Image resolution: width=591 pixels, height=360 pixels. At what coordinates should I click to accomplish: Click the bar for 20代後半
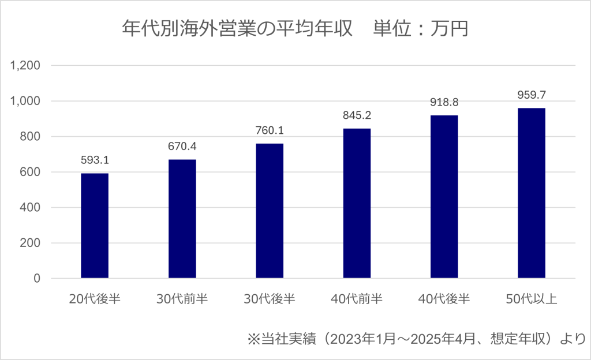pyautogui.click(x=95, y=226)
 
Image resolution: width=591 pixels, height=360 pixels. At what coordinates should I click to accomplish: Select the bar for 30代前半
pyautogui.click(x=182, y=219)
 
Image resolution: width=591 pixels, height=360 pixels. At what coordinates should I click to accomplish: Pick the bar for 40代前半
pyautogui.click(x=357, y=203)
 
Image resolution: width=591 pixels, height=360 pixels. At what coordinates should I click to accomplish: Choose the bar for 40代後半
pyautogui.click(x=444, y=197)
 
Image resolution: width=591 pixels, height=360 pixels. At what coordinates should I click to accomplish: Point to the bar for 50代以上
pyautogui.click(x=532, y=193)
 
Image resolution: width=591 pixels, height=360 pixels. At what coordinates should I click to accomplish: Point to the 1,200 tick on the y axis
pyautogui.click(x=25, y=65)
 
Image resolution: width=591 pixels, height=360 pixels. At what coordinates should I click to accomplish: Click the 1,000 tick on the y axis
pyautogui.click(x=25, y=101)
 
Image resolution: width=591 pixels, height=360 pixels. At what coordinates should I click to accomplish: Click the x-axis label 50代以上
pyautogui.click(x=532, y=299)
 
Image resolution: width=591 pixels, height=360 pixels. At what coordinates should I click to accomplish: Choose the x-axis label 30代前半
pyautogui.click(x=182, y=299)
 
